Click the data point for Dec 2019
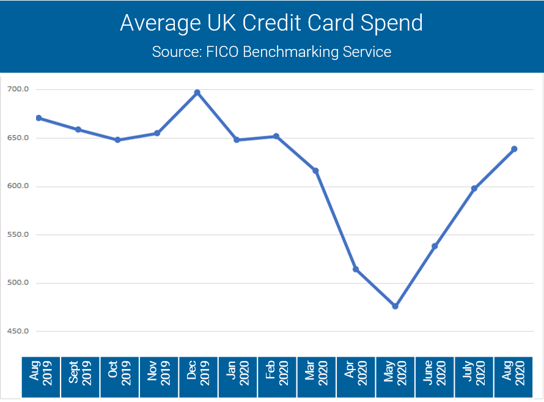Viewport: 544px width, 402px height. pos(197,92)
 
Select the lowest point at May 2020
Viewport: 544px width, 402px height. pos(395,306)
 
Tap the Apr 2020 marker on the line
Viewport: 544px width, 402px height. pos(356,269)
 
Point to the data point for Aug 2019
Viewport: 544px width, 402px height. pos(39,118)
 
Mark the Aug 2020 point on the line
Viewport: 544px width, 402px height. pos(514,149)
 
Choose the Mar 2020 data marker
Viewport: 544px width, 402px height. pos(316,171)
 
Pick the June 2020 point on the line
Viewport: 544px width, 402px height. pos(435,246)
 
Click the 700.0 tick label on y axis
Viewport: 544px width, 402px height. pos(18,89)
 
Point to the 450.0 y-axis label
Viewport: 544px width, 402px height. pos(18,331)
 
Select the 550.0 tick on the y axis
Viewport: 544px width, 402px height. pos(18,234)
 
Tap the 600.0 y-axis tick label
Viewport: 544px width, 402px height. pos(18,186)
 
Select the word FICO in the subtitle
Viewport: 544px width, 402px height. pos(220,51)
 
